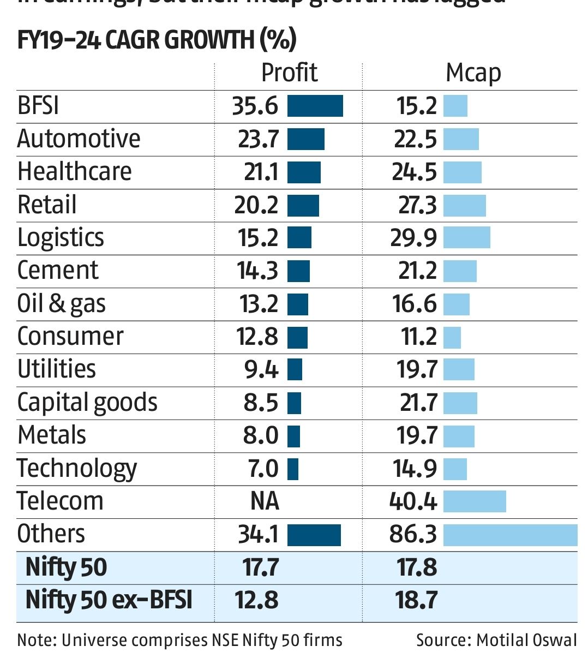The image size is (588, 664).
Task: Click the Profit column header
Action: [x=289, y=73]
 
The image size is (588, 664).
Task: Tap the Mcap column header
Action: [x=473, y=73]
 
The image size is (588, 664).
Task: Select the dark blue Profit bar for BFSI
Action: [x=315, y=106]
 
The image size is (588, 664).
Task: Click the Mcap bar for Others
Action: [x=510, y=535]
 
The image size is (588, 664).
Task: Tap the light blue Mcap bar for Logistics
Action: [x=466, y=238]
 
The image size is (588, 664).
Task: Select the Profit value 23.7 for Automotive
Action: [x=258, y=139]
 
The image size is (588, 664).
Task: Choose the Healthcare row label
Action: [x=75, y=171]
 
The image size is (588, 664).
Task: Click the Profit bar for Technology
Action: [x=293, y=469]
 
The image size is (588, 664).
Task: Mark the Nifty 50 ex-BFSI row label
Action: [x=109, y=601]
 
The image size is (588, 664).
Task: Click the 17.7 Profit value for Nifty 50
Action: [x=261, y=567]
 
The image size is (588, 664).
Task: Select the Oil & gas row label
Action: [x=62, y=304]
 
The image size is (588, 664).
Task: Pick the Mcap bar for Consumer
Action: [x=452, y=337]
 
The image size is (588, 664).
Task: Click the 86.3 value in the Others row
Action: [x=413, y=535]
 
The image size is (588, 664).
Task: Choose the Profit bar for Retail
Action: [x=303, y=205]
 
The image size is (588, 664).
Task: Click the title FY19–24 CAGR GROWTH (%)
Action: [x=157, y=40]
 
